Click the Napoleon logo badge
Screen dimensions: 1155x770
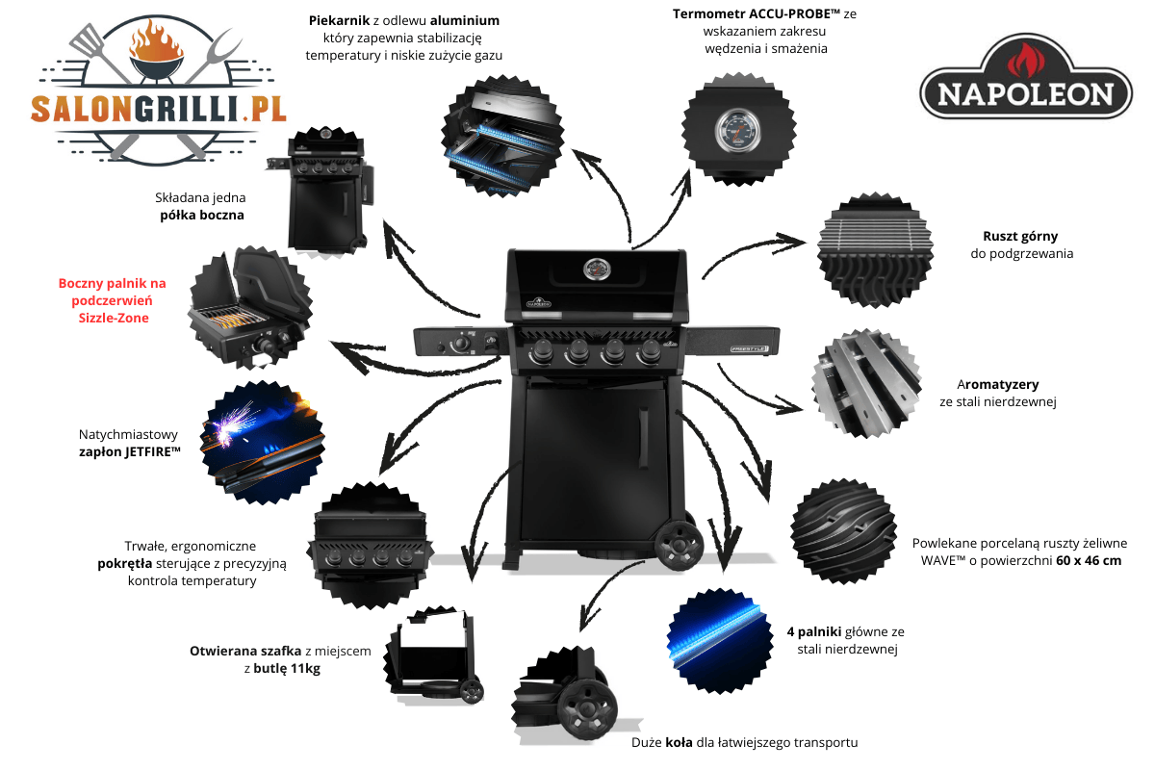click(1026, 77)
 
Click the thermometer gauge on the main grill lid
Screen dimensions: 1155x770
click(597, 269)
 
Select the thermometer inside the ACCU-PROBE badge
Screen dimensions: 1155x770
click(739, 130)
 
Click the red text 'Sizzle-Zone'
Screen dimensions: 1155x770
click(114, 318)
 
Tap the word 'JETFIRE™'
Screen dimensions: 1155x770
click(152, 451)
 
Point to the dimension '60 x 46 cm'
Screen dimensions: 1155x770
click(1089, 560)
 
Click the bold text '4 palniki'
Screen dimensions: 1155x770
click(814, 631)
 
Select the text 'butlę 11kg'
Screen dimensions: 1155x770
click(287, 668)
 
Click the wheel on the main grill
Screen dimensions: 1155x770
click(679, 546)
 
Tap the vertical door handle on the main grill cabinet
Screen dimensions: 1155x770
click(644, 438)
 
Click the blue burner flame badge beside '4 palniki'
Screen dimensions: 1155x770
click(719, 640)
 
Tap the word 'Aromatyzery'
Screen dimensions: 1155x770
click(998, 384)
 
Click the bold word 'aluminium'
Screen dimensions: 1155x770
click(465, 20)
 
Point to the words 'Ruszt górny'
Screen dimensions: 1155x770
click(1020, 236)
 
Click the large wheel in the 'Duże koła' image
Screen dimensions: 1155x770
click(587, 708)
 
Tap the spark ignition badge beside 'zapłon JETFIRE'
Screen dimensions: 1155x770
click(263, 443)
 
